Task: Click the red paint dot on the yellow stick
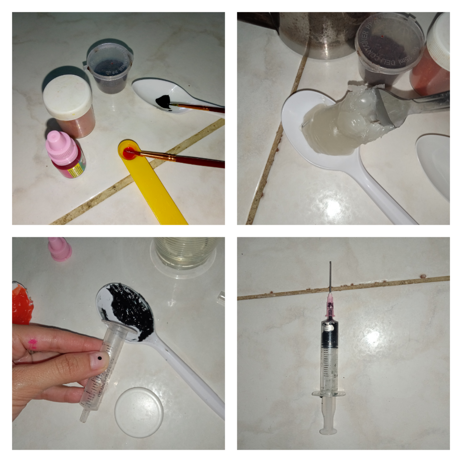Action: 128,153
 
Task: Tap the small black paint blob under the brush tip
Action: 163,101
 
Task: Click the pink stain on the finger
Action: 32,344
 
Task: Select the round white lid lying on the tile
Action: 139,411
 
